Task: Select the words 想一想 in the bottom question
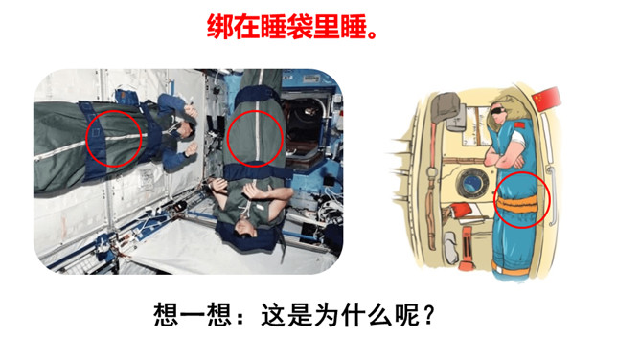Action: click(x=194, y=315)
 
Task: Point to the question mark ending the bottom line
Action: click(x=428, y=315)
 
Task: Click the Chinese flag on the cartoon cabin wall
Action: click(x=546, y=99)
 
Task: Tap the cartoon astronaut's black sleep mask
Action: click(x=499, y=110)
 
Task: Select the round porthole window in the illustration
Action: click(x=471, y=183)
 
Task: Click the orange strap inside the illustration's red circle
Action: click(x=516, y=204)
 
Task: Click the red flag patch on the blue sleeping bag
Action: click(x=519, y=125)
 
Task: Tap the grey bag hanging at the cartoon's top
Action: click(x=445, y=107)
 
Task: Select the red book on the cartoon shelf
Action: click(x=461, y=212)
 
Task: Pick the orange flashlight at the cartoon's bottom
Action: click(x=466, y=249)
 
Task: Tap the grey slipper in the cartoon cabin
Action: click(x=450, y=247)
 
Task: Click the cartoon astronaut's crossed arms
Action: click(x=505, y=158)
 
